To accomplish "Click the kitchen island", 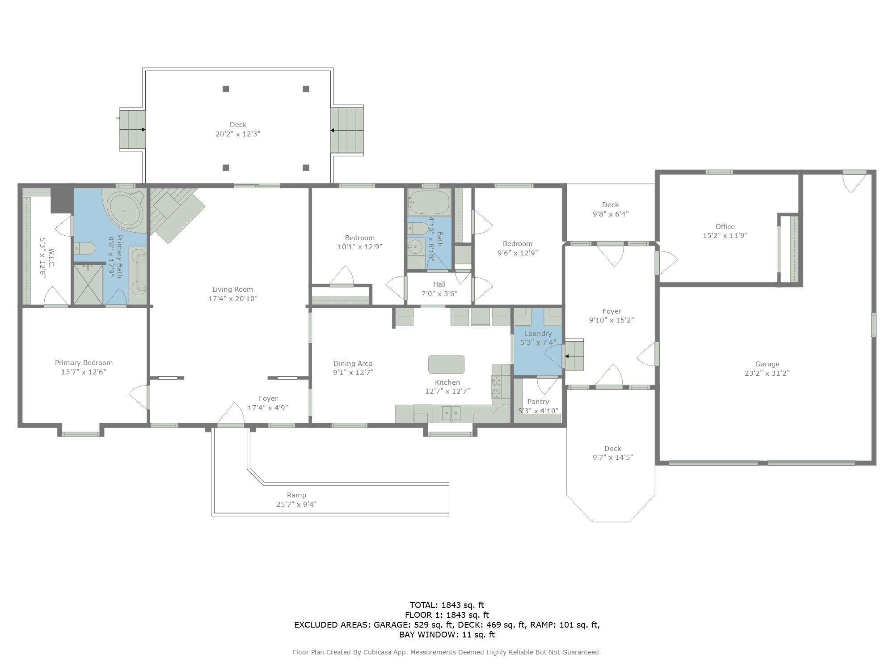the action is (446, 365).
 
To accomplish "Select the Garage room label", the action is (767, 364).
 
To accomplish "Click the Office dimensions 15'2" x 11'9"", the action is (725, 236).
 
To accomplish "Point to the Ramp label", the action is (296, 495).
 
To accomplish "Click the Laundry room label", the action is (538, 334).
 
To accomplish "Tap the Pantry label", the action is (538, 402).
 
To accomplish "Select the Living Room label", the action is (232, 289).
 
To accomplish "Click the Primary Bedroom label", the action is (84, 363).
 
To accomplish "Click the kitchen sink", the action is (451, 413).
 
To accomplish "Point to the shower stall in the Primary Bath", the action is (88, 285).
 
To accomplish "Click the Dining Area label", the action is (353, 364).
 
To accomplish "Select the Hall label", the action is (439, 285).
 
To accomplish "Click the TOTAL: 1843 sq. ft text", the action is (447, 605).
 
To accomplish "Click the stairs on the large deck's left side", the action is (133, 130).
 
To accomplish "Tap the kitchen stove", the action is (496, 387).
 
